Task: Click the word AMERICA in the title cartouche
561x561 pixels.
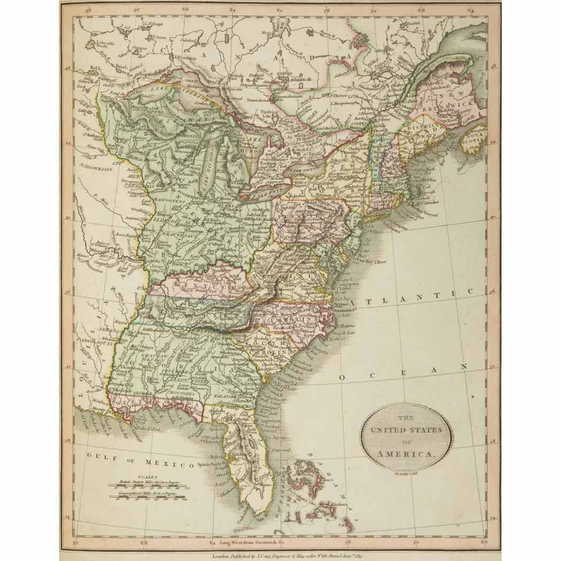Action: [x=406, y=454]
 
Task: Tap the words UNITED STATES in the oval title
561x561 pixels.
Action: [x=406, y=430]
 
